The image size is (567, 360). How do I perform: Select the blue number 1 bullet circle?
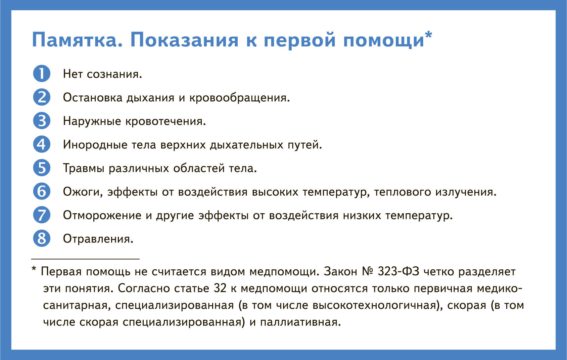click(42, 74)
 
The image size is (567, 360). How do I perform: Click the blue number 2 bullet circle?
click(42, 97)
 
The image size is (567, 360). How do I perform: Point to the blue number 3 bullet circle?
click(42, 121)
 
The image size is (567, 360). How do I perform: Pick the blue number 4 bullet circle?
click(42, 144)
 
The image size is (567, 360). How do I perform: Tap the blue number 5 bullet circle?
click(42, 168)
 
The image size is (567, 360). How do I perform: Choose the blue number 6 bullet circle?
click(42, 191)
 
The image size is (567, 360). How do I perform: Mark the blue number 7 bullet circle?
click(42, 215)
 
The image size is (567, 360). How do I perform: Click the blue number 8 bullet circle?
click(42, 238)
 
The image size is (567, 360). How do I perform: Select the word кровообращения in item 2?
click(239, 98)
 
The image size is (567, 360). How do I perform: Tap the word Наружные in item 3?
click(92, 121)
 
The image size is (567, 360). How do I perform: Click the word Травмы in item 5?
click(84, 168)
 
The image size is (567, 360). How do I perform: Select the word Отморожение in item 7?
click(102, 216)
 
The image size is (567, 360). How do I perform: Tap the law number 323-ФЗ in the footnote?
click(398, 271)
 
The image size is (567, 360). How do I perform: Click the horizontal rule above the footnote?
click(85, 259)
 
